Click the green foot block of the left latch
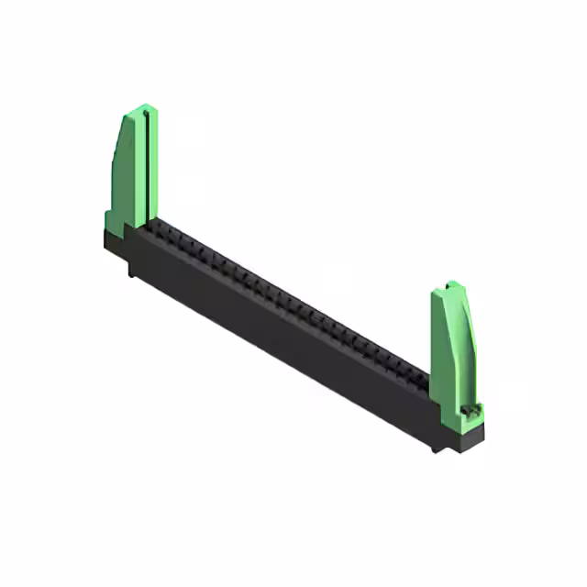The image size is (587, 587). (x=111, y=220)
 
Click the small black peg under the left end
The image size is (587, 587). (x=131, y=269)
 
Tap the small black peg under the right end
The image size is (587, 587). (x=436, y=447)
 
